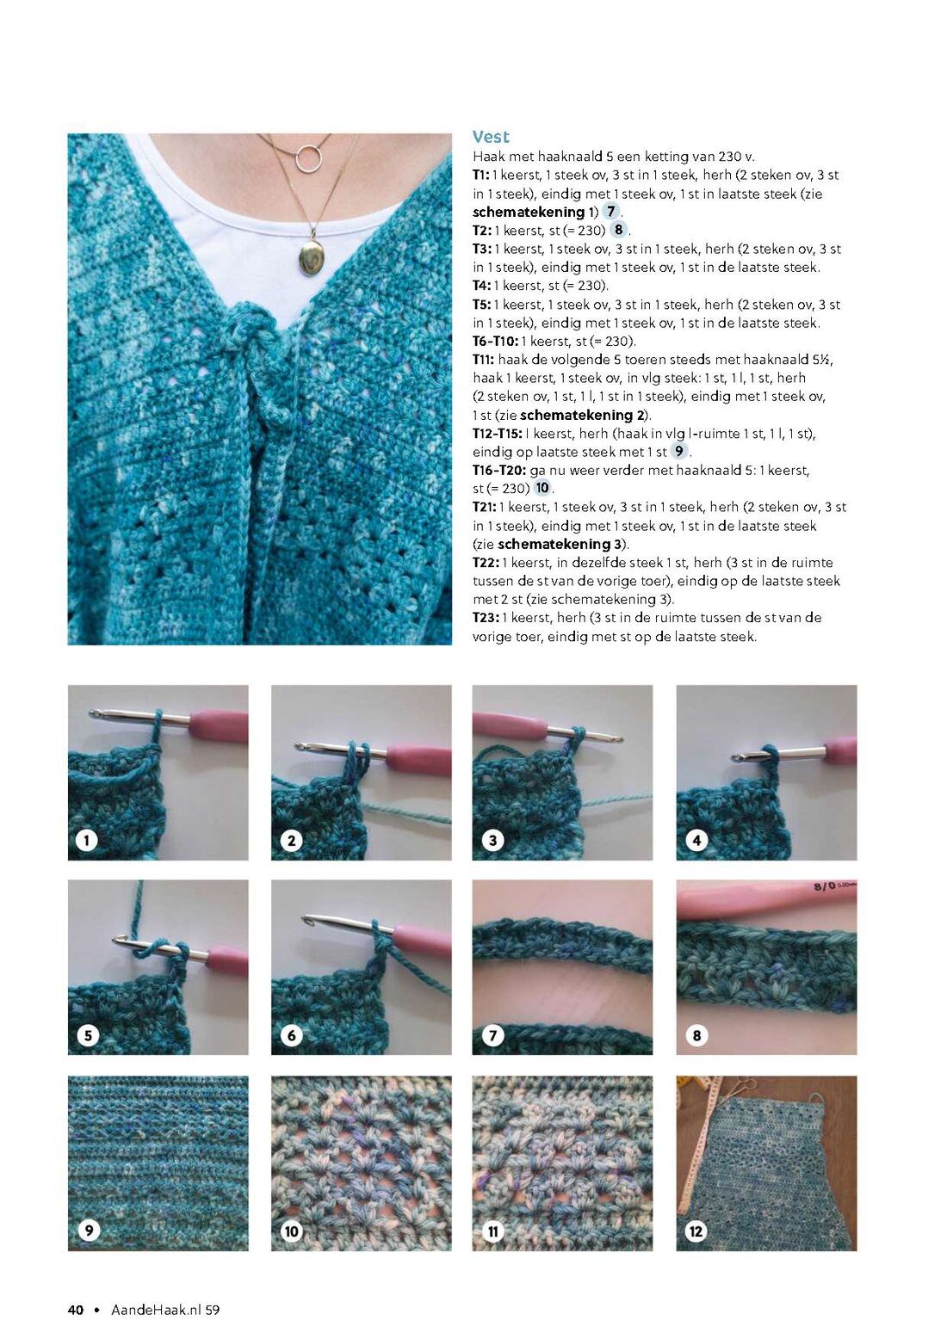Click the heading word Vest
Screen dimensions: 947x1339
click(x=490, y=137)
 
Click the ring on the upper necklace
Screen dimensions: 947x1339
click(x=307, y=157)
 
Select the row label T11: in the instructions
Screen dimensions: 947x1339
click(x=483, y=359)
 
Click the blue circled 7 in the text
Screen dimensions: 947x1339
click(x=610, y=212)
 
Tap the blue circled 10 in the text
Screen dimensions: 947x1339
click(x=542, y=488)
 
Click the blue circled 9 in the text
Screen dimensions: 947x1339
click(x=678, y=451)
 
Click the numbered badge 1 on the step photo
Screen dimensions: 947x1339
click(x=87, y=841)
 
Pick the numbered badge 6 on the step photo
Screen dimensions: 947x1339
click(x=291, y=1035)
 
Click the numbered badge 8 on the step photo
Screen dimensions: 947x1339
click(x=696, y=1035)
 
